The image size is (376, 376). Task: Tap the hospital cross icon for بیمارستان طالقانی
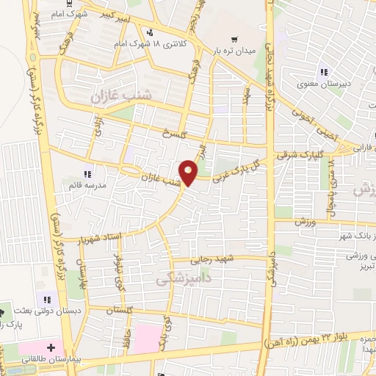[x=51, y=347]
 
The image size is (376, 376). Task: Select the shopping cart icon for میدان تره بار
[x=234, y=40]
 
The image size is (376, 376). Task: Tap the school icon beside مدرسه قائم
[x=87, y=175]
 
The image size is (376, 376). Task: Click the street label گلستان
[x=120, y=311]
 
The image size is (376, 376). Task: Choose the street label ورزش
[x=305, y=221]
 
